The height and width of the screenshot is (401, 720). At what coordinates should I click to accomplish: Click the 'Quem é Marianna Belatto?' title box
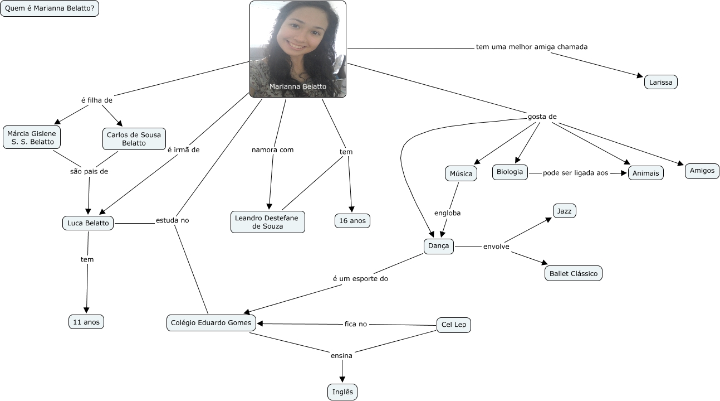click(x=50, y=8)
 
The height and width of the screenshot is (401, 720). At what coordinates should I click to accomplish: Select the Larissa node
click(x=660, y=82)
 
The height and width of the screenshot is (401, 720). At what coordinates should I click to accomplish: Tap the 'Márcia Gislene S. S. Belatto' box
click(x=32, y=137)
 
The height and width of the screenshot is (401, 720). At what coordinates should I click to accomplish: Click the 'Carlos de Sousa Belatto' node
click(x=134, y=139)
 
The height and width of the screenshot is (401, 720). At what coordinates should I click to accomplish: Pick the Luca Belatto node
click(x=88, y=223)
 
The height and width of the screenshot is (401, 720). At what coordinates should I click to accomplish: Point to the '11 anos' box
click(x=86, y=322)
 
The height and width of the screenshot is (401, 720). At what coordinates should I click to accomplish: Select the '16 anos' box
click(x=352, y=221)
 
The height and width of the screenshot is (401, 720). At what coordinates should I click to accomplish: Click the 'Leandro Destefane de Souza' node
click(x=268, y=222)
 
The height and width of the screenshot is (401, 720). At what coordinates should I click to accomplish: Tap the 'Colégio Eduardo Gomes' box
click(x=211, y=323)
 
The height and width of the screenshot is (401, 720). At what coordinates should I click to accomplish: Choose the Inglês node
click(x=342, y=392)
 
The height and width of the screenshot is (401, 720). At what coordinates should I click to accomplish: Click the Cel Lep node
click(x=453, y=325)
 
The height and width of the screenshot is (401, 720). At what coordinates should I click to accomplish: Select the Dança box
click(x=438, y=246)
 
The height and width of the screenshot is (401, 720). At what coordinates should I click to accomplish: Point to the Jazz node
click(x=565, y=211)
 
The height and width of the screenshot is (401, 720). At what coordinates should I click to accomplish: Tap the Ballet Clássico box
click(x=574, y=273)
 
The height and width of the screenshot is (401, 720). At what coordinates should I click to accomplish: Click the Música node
click(x=461, y=174)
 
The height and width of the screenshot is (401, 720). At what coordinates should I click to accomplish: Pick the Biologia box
click(x=510, y=172)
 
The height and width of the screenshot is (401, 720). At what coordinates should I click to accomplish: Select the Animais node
click(x=645, y=173)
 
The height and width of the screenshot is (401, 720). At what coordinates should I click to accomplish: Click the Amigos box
click(x=702, y=171)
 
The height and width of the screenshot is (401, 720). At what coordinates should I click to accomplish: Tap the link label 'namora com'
click(x=272, y=150)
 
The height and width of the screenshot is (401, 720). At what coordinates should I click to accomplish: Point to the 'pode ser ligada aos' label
click(x=575, y=173)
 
